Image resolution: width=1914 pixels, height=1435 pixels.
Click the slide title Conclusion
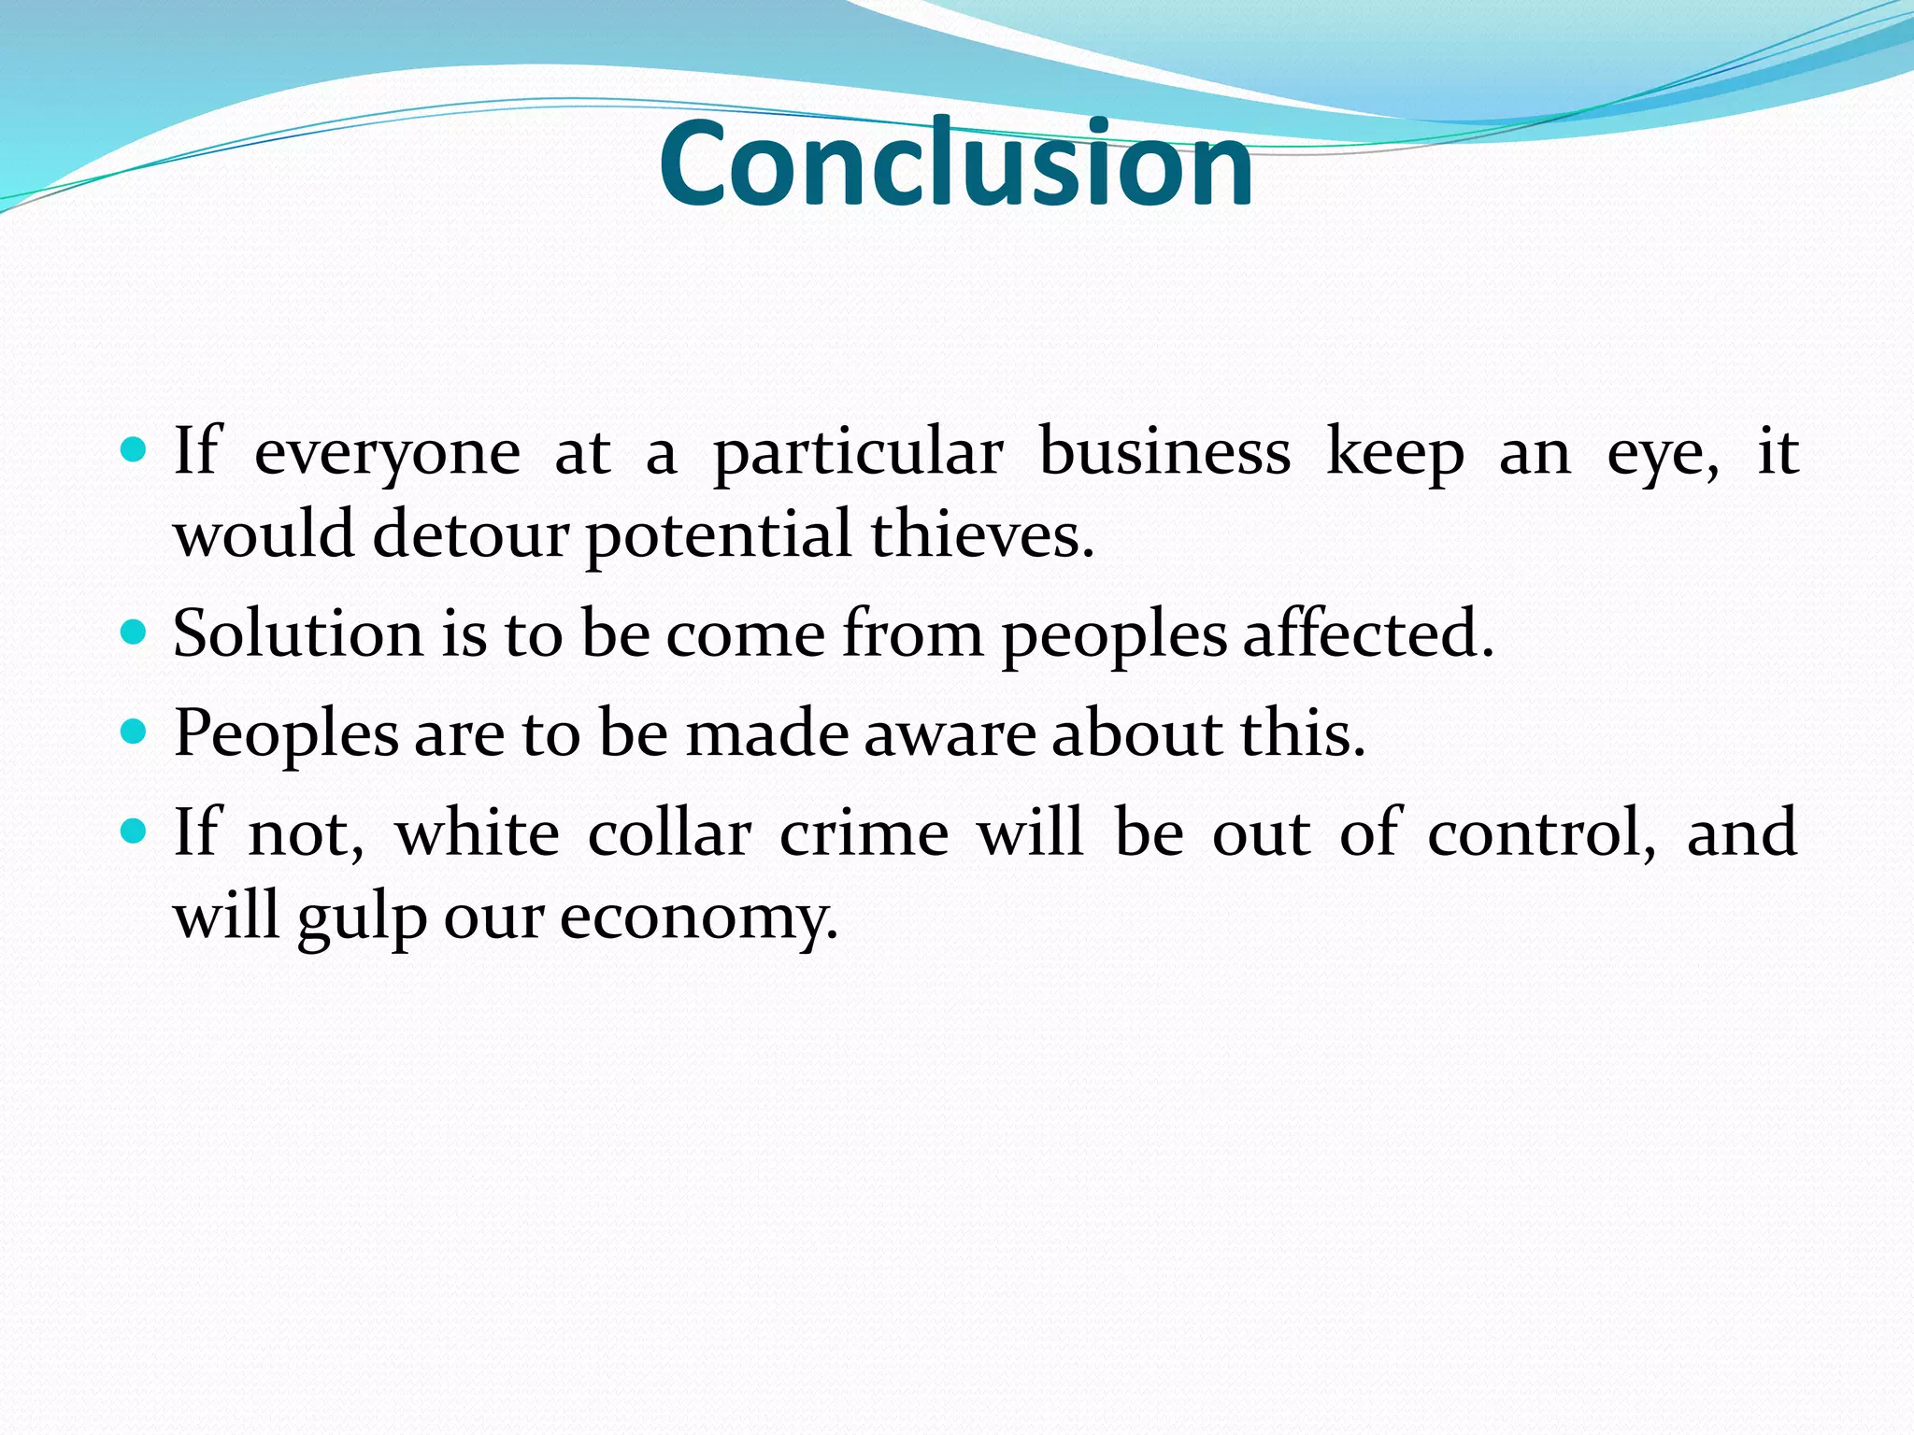(x=955, y=163)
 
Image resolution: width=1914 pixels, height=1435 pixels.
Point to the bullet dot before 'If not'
(x=135, y=831)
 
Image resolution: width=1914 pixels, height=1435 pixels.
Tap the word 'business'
(x=1164, y=452)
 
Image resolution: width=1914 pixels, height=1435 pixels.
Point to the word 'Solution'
(x=297, y=633)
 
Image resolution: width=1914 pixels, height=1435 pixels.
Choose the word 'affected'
(x=1368, y=633)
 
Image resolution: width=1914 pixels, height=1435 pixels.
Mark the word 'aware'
(x=950, y=734)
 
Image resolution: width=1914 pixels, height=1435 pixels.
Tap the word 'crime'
(x=864, y=831)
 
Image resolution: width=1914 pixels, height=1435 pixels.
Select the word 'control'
(x=1540, y=831)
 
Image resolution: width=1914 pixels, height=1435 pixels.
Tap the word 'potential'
(x=719, y=537)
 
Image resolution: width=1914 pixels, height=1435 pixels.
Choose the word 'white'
(x=478, y=831)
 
